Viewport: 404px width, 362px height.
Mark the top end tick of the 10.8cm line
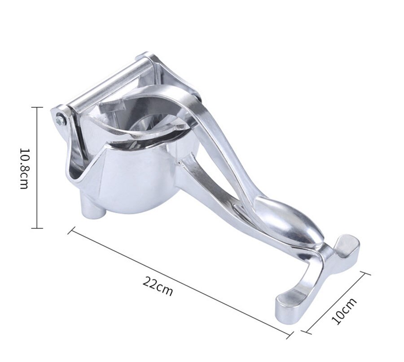tap(37, 108)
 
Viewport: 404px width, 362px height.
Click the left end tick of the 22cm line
tap(70, 231)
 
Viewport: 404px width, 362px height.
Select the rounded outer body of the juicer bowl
tap(135, 179)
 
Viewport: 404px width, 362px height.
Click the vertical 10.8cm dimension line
tap(37, 168)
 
